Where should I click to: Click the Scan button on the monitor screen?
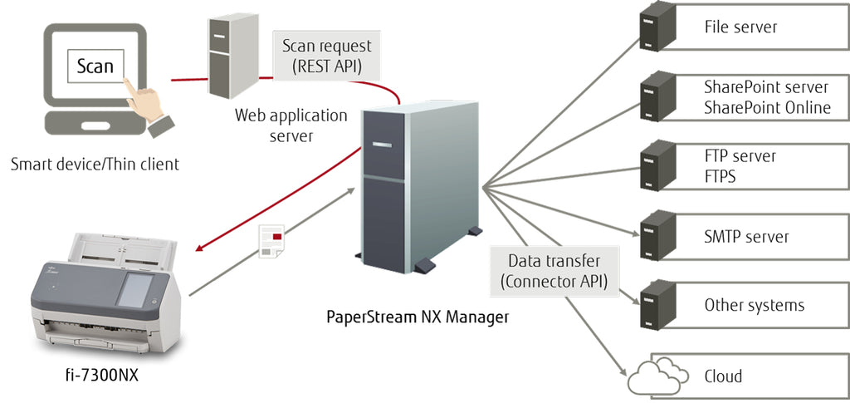tap(95, 66)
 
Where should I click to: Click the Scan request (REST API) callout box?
tap(326, 57)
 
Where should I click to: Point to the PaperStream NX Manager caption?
tap(417, 316)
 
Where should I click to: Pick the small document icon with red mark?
tap(271, 241)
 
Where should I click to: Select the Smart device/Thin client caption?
tap(95, 164)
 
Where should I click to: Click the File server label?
tap(740, 27)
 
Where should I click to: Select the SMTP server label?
tap(746, 237)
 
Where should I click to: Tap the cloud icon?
tap(656, 377)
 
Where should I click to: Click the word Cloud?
tap(723, 376)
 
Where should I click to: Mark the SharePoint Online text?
tap(767, 107)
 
